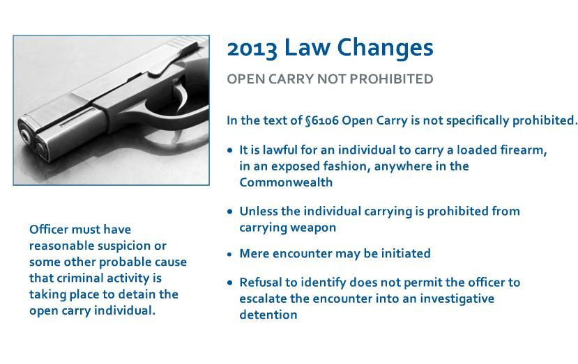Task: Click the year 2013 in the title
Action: [x=252, y=49]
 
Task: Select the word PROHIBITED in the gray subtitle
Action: [x=391, y=79]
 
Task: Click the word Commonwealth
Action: [x=286, y=182]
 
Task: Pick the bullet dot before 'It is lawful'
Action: [x=230, y=150]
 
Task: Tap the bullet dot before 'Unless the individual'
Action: [x=230, y=212]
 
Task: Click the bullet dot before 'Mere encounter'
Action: [x=230, y=254]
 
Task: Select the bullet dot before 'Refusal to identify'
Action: [x=230, y=283]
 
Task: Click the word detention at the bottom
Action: [x=268, y=315]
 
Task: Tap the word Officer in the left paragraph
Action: [x=48, y=229]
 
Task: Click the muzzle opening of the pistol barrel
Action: [x=25, y=136]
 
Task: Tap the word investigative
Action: [x=457, y=299]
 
